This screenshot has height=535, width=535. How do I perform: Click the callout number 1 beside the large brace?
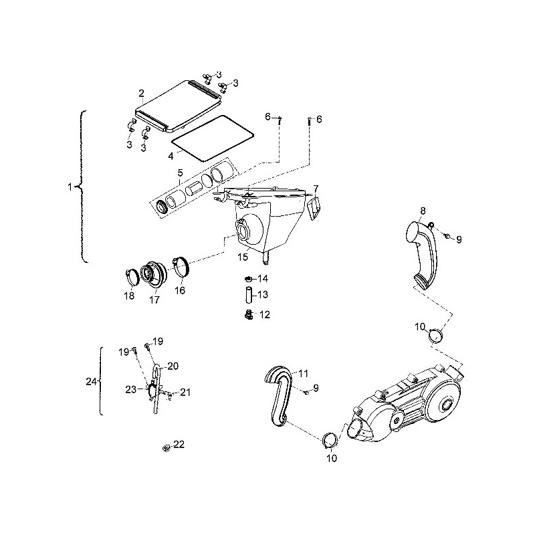(x=70, y=187)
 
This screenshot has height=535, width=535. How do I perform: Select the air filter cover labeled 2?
(x=178, y=106)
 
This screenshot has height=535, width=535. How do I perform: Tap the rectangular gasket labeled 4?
(x=212, y=138)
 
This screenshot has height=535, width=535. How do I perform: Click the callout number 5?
(x=180, y=173)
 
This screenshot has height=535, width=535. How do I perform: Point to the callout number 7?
(x=316, y=189)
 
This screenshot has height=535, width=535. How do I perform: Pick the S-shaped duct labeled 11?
(x=278, y=396)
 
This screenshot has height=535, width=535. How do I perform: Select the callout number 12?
(x=265, y=314)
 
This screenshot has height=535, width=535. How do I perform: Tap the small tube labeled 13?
(x=248, y=294)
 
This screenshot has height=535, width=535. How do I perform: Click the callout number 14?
(x=263, y=279)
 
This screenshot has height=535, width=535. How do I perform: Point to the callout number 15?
(x=243, y=257)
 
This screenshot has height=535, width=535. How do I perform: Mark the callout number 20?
(x=173, y=366)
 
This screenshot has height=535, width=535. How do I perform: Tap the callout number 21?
(x=185, y=393)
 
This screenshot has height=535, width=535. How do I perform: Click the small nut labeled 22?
(x=166, y=447)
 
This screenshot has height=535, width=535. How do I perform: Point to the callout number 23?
(x=131, y=389)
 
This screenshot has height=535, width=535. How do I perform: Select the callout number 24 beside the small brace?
(x=91, y=381)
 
